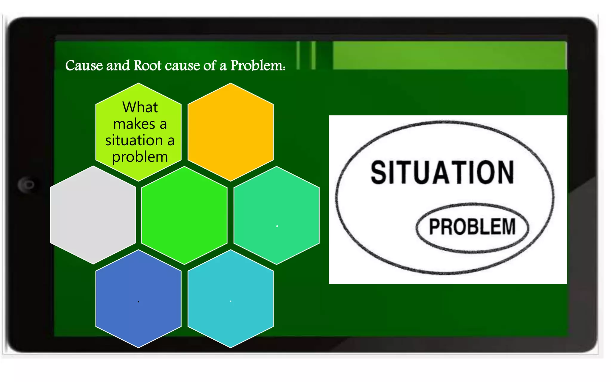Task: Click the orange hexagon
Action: click(231, 132)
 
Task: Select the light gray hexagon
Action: click(93, 215)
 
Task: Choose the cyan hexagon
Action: click(231, 298)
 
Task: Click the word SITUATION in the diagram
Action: click(442, 172)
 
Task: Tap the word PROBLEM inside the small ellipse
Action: click(472, 227)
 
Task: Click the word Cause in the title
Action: click(84, 65)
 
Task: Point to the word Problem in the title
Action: click(257, 65)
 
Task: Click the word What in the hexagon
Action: click(140, 107)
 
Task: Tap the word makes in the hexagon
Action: click(134, 124)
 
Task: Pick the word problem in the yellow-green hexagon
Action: click(140, 157)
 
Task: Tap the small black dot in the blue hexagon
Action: click(138, 302)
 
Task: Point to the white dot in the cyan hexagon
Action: click(231, 301)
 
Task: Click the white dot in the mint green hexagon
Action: click(277, 226)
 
